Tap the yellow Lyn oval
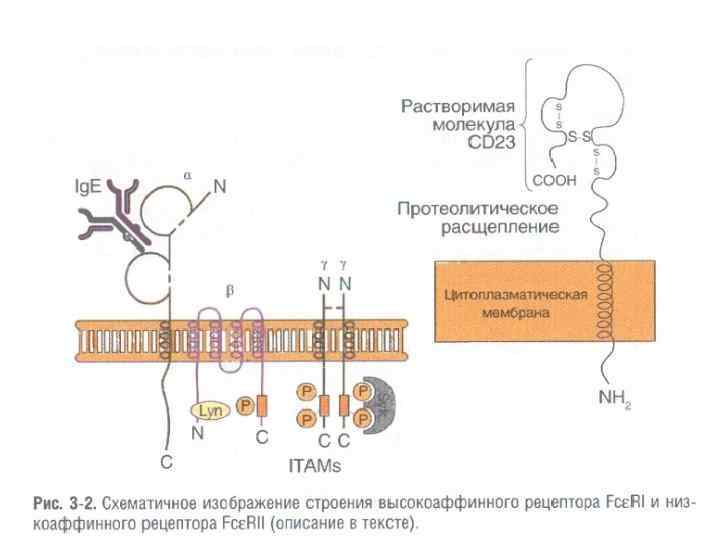(x=208, y=411)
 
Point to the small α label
(x=186, y=173)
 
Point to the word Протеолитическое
(x=477, y=210)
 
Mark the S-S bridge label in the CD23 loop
(x=577, y=135)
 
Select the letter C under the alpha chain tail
(x=166, y=462)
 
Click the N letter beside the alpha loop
(x=220, y=187)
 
